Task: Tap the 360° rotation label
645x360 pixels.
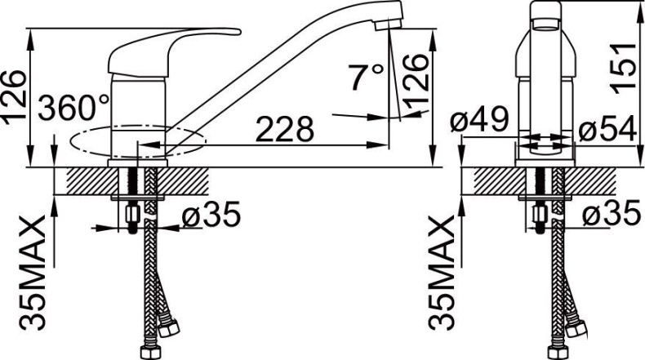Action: click(73, 107)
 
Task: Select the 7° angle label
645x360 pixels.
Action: click(366, 78)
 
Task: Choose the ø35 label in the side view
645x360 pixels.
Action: click(210, 216)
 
